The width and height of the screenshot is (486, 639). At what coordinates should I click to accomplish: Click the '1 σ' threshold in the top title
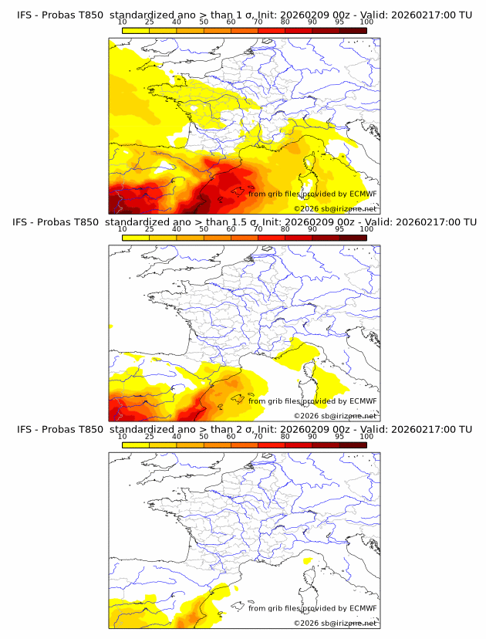pos(252,15)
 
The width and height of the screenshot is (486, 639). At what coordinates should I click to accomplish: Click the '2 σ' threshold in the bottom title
pos(252,430)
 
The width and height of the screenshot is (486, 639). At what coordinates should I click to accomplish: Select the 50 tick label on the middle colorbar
pos(204,229)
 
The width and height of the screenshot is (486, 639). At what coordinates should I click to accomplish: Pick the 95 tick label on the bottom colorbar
pos(339,437)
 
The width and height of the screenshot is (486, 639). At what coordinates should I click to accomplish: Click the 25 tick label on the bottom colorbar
pos(149,437)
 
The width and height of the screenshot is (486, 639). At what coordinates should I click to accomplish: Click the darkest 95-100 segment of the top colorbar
pos(353,30)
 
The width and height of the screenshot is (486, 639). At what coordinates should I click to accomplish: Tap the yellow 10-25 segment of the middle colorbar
pos(135,238)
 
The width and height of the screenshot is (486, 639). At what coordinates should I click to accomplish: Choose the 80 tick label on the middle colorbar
pos(285,229)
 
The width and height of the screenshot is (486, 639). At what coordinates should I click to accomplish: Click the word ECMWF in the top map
pos(363,194)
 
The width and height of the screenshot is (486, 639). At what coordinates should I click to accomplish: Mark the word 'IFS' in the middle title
pos(25,222)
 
